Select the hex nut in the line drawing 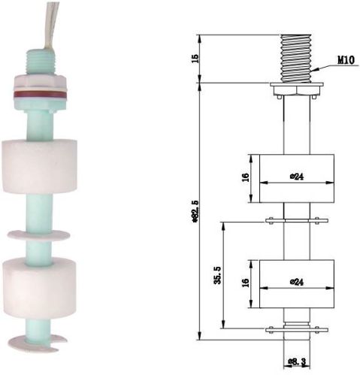294,89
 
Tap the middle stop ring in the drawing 294,221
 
